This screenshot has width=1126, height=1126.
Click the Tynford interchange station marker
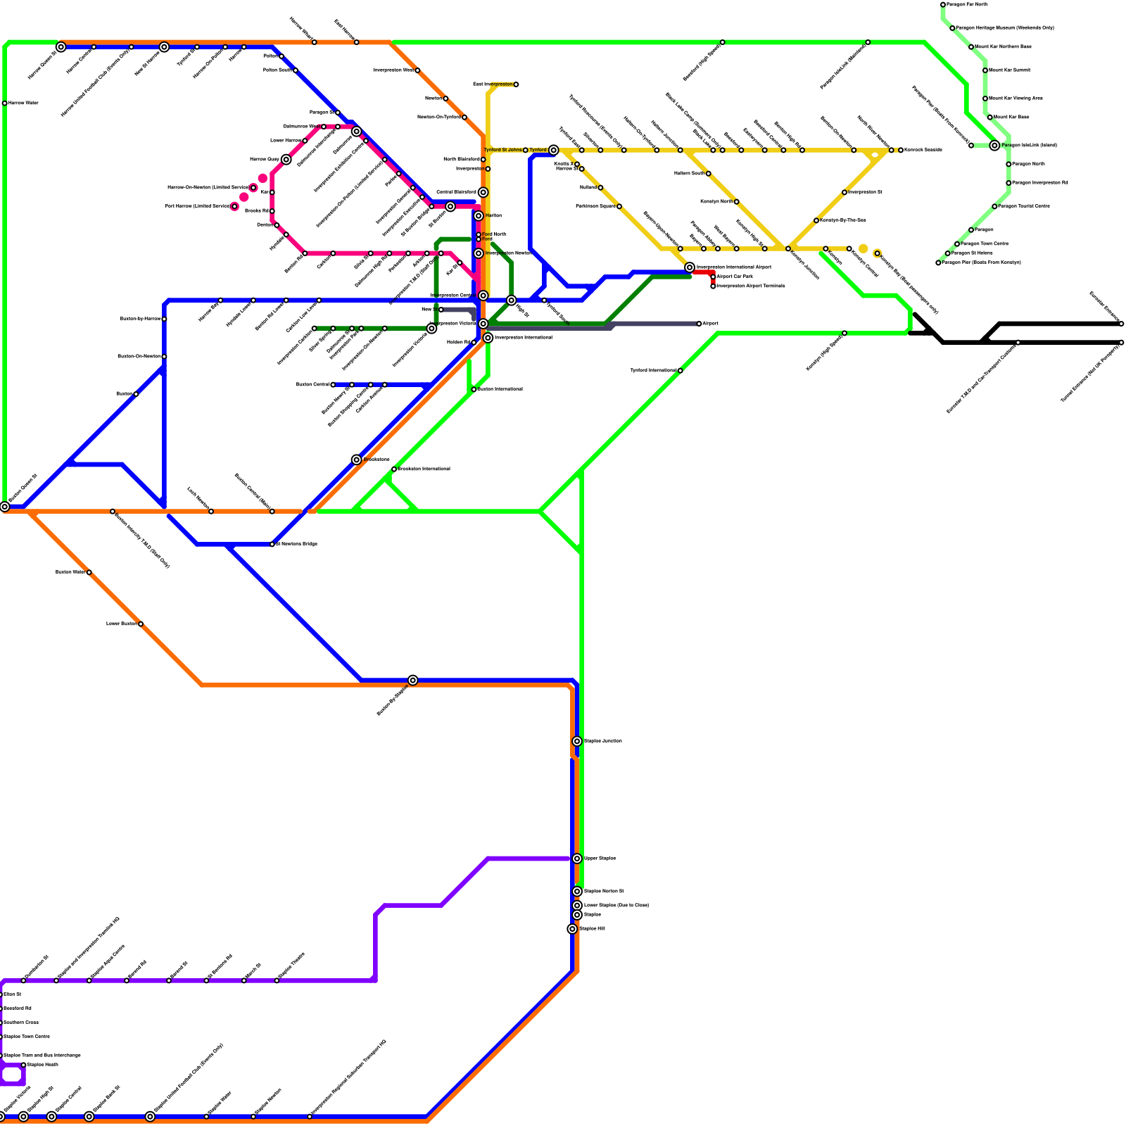coord(554,150)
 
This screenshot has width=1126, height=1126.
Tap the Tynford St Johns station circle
coord(525,150)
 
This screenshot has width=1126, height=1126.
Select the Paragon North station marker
coord(1008,164)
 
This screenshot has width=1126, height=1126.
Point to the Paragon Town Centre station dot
coord(957,243)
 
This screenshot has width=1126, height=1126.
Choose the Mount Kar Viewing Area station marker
coord(985,99)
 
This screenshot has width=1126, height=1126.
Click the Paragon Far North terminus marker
coord(943,5)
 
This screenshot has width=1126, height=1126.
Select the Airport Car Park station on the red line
coord(713,277)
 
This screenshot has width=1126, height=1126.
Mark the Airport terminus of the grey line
coord(699,324)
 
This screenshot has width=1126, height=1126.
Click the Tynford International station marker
coord(680,370)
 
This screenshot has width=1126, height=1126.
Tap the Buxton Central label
coord(312,385)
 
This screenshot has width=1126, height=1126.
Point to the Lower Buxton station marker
coord(141,624)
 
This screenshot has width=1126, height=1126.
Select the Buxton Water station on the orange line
coord(89,572)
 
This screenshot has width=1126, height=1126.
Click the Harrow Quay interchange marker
coord(286,160)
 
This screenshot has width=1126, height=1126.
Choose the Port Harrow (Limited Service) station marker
coord(234,206)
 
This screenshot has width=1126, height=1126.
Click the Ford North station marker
coord(479,234)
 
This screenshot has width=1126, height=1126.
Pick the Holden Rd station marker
coord(474,342)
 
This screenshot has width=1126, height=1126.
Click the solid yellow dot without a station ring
coord(864,248)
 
